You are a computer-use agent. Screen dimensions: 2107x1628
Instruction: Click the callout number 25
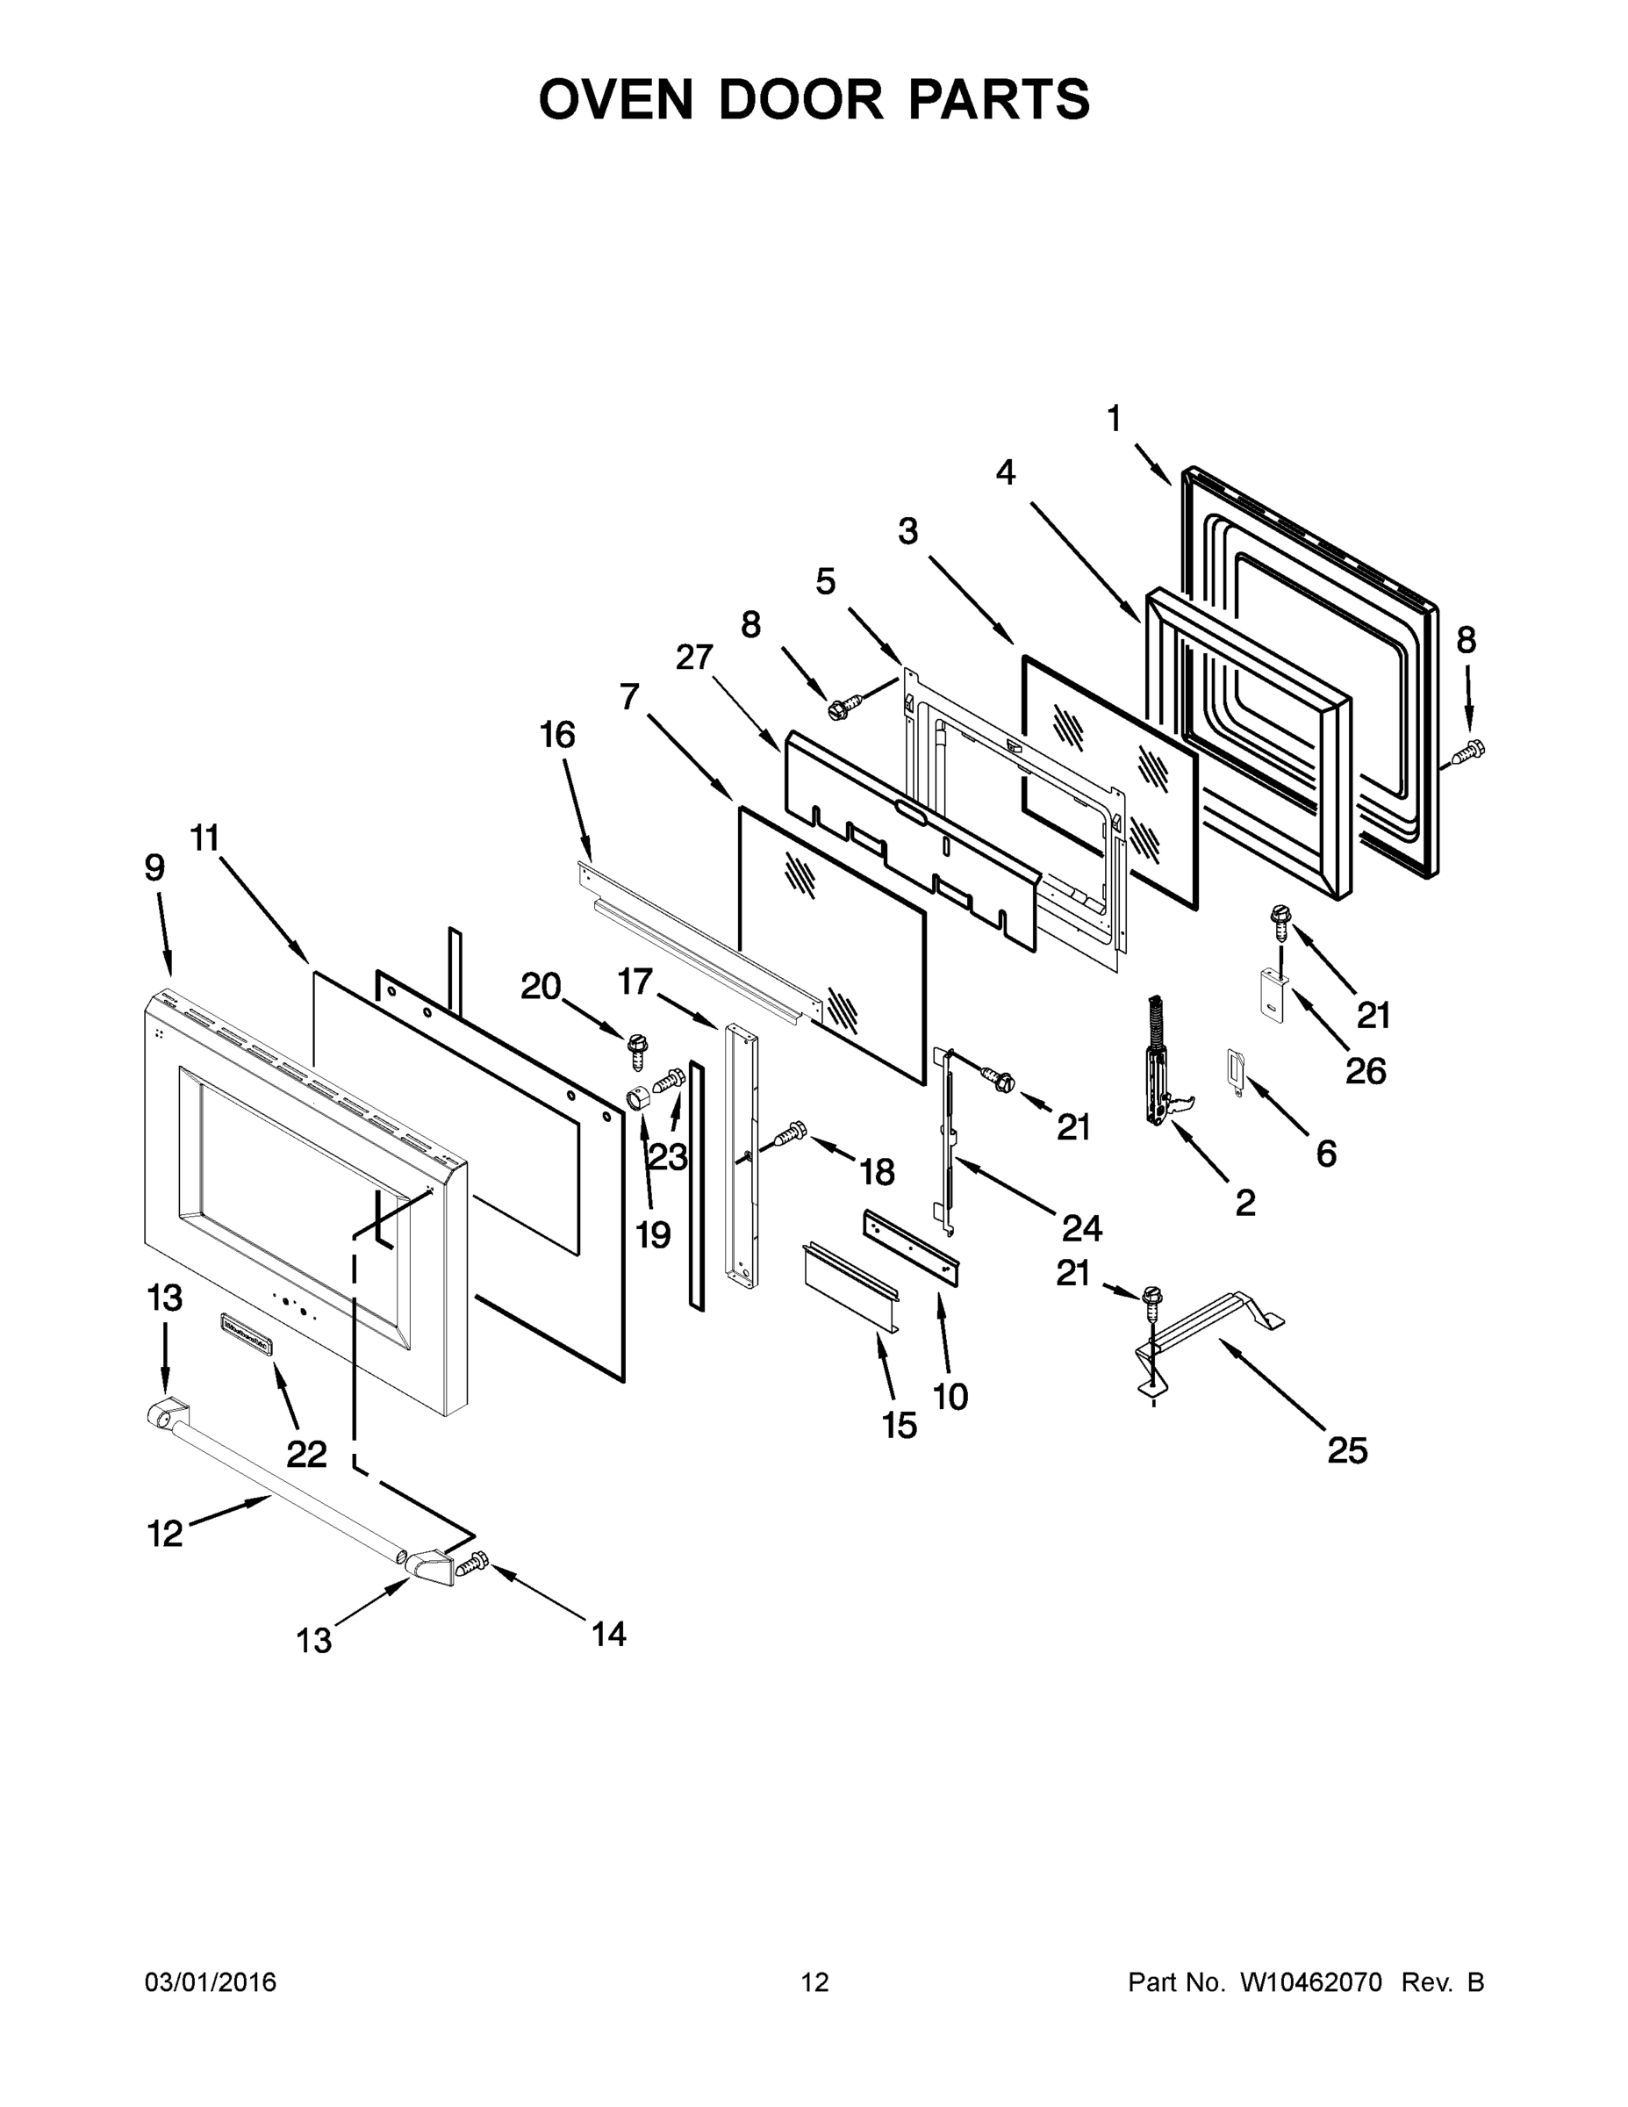(1346, 1450)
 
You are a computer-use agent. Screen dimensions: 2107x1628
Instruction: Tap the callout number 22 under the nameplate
(305, 1453)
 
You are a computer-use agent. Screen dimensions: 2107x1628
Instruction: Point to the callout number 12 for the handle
(165, 1532)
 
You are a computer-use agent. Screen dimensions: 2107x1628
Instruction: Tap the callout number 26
(1365, 1070)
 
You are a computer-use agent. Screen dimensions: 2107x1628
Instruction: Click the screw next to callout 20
(636, 1050)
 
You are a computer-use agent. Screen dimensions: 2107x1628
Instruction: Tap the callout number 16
(557, 735)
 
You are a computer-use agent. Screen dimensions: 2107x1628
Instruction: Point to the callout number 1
(1114, 419)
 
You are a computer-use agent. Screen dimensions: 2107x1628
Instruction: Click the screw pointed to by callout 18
(791, 1134)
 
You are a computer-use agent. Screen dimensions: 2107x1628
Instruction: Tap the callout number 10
(951, 1396)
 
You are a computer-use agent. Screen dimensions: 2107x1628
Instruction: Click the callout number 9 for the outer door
(154, 867)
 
